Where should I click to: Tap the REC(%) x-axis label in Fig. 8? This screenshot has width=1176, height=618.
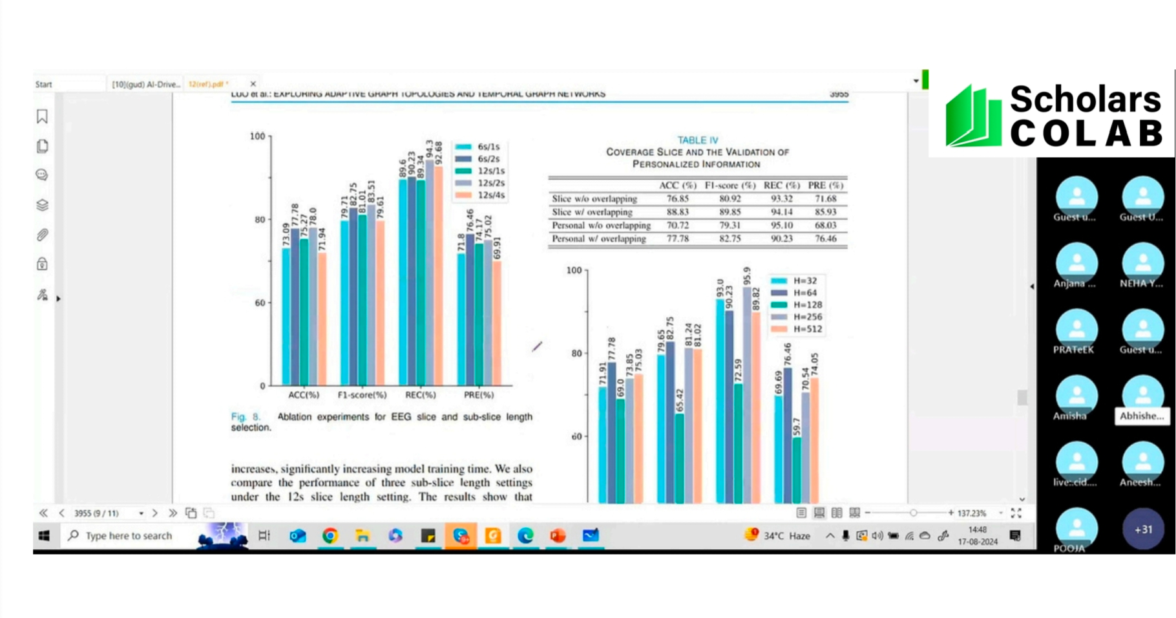click(420, 394)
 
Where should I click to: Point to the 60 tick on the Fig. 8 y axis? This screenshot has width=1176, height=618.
click(259, 303)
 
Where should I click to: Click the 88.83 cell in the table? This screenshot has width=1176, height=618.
click(677, 212)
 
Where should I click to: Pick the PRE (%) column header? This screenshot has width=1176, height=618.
click(825, 186)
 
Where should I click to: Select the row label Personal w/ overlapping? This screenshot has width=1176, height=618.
click(599, 239)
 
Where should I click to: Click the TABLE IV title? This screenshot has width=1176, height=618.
click(697, 140)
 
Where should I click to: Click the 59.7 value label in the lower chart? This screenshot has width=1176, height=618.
click(797, 427)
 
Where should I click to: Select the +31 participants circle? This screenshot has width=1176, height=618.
click(1143, 529)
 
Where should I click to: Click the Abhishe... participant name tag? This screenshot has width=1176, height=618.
click(1142, 416)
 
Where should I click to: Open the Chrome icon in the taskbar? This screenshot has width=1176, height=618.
click(330, 536)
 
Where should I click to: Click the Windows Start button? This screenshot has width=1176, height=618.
click(44, 536)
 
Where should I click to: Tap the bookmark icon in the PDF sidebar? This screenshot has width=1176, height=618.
click(42, 116)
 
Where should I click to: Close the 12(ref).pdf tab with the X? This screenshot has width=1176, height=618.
click(253, 84)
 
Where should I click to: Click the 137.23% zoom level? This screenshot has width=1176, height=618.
click(972, 513)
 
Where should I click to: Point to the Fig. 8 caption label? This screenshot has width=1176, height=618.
click(245, 417)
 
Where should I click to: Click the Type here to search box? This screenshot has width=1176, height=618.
click(129, 536)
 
